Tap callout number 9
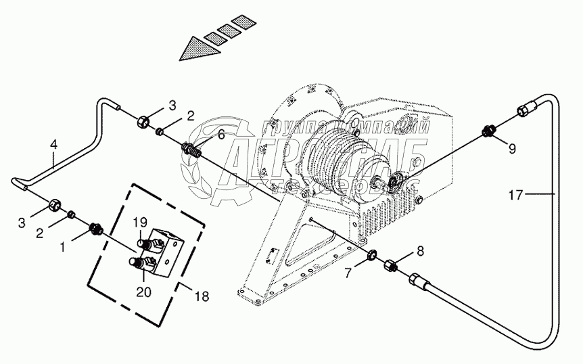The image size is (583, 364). coord(511,149)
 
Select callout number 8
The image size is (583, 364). coord(420,252)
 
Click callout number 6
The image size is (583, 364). coord(221,135)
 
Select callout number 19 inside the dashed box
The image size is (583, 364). coord(139,222)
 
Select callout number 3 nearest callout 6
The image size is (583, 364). coord(172,105)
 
